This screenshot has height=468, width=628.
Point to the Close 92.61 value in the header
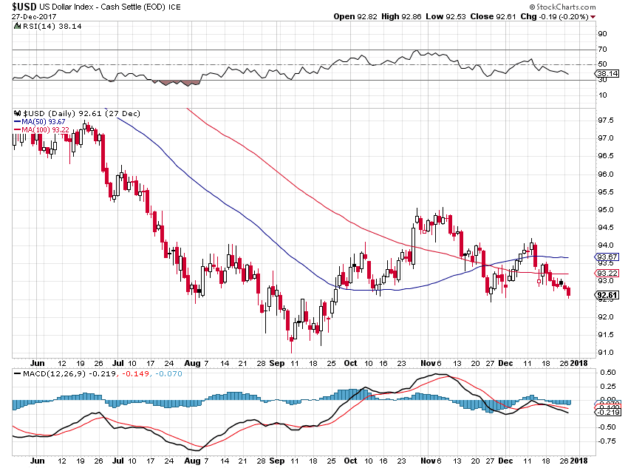point(514,16)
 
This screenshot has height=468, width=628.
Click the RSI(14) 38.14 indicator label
point(44,27)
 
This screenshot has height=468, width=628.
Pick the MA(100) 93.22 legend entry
point(47,130)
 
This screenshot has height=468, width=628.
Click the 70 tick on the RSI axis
point(602,49)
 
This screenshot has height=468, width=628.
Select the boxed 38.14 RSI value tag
point(608,74)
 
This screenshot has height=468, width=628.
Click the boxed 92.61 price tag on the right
point(608,296)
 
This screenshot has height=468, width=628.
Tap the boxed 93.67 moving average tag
point(608,257)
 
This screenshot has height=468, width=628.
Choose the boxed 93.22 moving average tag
point(608,273)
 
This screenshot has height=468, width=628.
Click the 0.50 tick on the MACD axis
point(607,372)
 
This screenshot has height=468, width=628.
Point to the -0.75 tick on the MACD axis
point(607,441)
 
